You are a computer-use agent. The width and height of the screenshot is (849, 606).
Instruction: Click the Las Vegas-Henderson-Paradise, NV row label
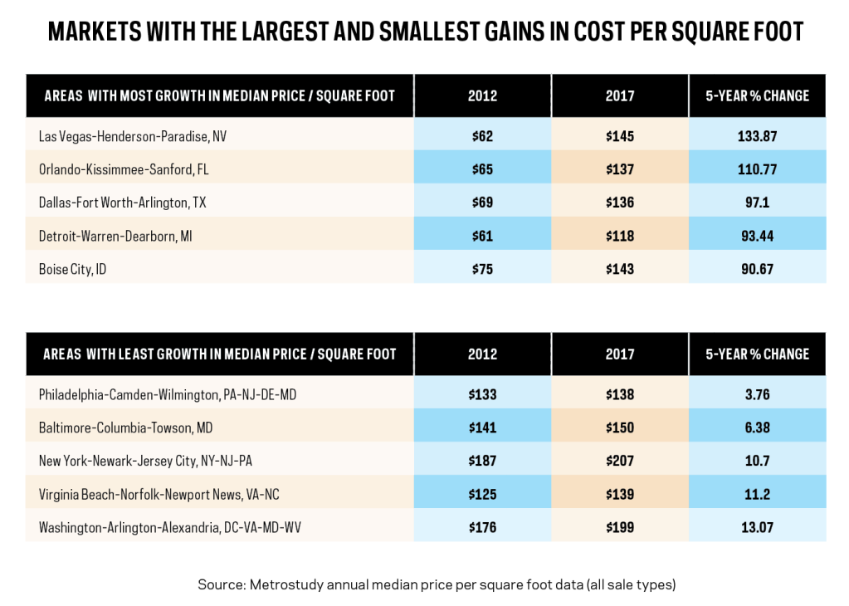pos(133,135)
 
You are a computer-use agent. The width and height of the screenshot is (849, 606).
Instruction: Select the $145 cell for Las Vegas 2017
pos(619,135)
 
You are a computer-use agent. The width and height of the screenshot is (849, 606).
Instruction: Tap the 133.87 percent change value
pos(757,135)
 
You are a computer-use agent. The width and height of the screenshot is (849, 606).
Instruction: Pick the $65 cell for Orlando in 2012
pos(482,169)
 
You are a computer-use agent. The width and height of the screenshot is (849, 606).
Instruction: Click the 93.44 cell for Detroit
pos(757,236)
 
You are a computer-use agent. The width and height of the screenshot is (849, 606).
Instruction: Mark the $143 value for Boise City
pos(619,269)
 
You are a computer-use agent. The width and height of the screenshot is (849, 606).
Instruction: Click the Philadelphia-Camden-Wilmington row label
pos(167,394)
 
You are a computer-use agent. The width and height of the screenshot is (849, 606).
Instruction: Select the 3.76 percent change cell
pos(757,394)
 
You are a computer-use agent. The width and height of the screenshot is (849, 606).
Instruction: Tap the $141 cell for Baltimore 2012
pos(482,428)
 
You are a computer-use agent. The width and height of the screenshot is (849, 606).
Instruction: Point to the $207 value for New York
pos(619,461)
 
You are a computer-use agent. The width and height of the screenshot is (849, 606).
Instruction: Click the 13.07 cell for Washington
pos(757,527)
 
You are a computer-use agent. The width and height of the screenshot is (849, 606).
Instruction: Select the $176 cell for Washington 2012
pos(482,527)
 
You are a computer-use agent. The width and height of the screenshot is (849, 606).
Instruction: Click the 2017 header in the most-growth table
pos(619,95)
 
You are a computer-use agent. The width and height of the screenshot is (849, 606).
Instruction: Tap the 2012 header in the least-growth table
pos(482,354)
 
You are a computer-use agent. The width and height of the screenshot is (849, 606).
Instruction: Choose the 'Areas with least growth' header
pos(220,354)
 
